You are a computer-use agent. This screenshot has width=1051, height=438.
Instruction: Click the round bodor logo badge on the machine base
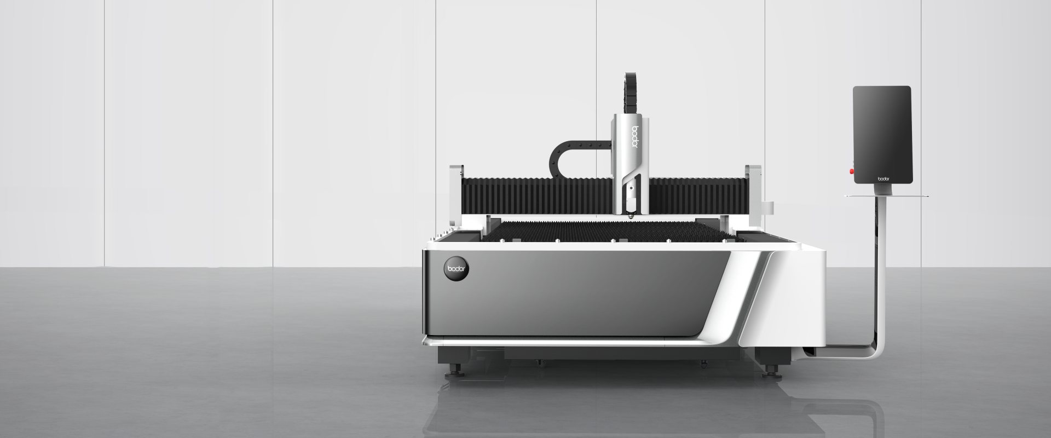pos(457,268)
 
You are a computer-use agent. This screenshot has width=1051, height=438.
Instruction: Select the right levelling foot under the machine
pos(770,371)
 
